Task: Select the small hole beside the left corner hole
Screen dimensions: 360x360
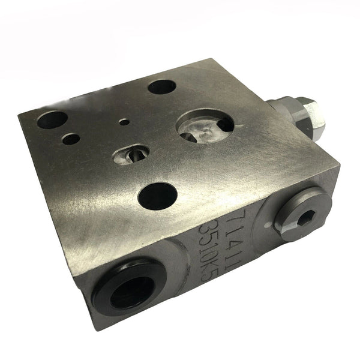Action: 71,138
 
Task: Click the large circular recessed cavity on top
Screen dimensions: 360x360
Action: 205,124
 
